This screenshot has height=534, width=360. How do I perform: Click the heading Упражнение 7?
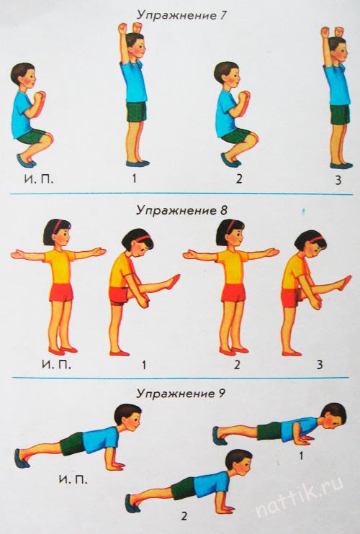click(x=181, y=16)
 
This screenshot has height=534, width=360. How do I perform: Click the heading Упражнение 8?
click(x=181, y=211)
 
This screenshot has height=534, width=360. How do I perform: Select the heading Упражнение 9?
click(x=181, y=394)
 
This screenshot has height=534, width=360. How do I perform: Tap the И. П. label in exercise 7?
click(x=38, y=179)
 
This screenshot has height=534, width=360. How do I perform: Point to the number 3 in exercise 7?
click(x=338, y=180)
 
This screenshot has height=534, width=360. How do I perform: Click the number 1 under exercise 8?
click(x=144, y=365)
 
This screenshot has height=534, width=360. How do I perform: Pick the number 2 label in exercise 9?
click(x=184, y=516)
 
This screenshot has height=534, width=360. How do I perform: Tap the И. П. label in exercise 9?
click(x=73, y=479)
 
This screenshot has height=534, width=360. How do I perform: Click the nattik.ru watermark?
click(x=299, y=500)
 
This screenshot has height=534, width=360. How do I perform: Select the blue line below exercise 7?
click(x=181, y=194)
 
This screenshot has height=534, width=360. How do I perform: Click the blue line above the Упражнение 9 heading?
click(x=181, y=378)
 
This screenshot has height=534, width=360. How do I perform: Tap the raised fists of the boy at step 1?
click(x=130, y=28)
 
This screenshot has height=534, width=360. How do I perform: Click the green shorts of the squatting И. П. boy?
click(x=32, y=136)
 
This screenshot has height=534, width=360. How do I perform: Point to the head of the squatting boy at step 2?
click(x=228, y=73)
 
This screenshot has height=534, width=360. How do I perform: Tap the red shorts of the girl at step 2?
click(x=233, y=293)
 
